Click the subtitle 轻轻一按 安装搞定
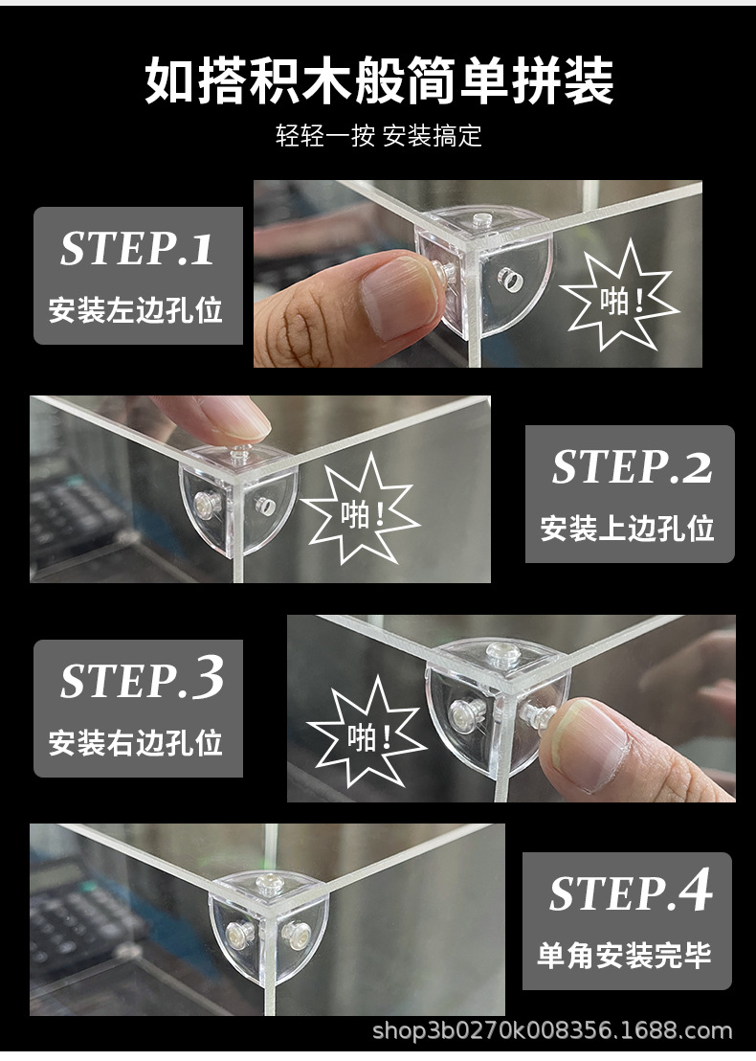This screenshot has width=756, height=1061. click(x=378, y=135)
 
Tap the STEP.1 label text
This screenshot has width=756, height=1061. click(x=137, y=249)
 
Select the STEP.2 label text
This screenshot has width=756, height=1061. click(x=632, y=467)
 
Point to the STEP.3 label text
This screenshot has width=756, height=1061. click(x=142, y=680)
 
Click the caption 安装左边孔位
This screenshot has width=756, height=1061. click(x=136, y=310)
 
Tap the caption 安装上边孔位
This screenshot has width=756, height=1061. click(x=628, y=529)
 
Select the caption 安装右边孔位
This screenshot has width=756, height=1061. click(x=136, y=742)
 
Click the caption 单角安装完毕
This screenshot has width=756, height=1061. click(x=624, y=955)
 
